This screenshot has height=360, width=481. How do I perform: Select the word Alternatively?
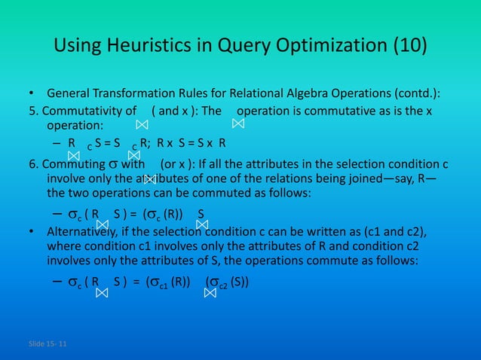point(83,230)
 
